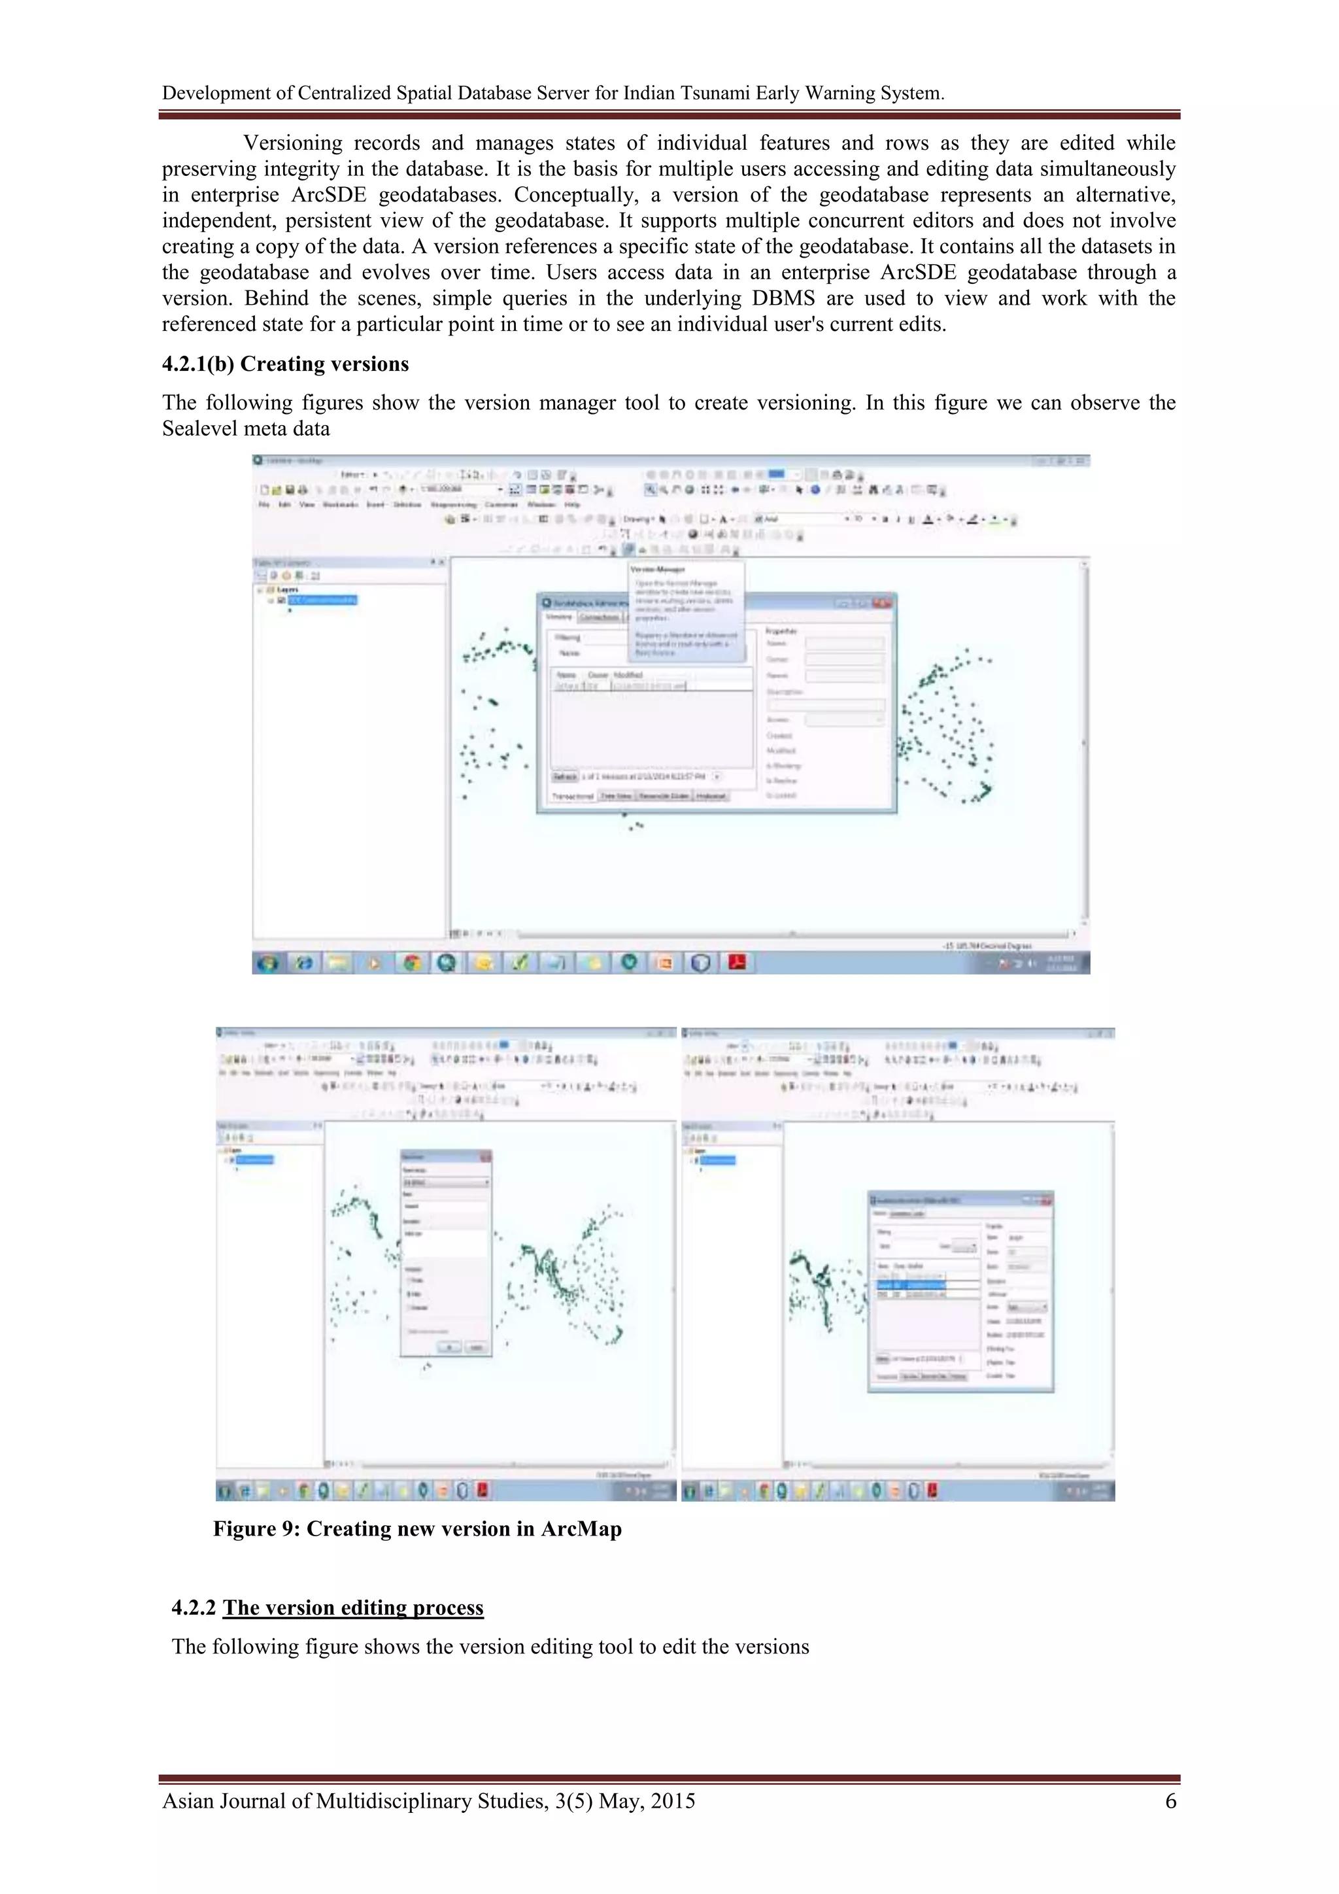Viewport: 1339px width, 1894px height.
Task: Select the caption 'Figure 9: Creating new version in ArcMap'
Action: coord(417,1528)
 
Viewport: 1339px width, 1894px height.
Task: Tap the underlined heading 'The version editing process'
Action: coord(353,1608)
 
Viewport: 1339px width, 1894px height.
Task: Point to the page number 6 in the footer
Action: coord(1170,1800)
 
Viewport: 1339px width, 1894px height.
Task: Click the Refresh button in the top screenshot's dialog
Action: coord(565,776)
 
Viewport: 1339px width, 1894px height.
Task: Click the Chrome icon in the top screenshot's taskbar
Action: coord(411,962)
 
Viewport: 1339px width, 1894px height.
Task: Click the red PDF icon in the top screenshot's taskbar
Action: coord(737,962)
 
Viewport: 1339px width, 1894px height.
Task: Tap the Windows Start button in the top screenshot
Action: coord(267,962)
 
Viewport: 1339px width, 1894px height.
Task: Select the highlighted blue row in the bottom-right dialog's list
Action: coord(911,1285)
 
